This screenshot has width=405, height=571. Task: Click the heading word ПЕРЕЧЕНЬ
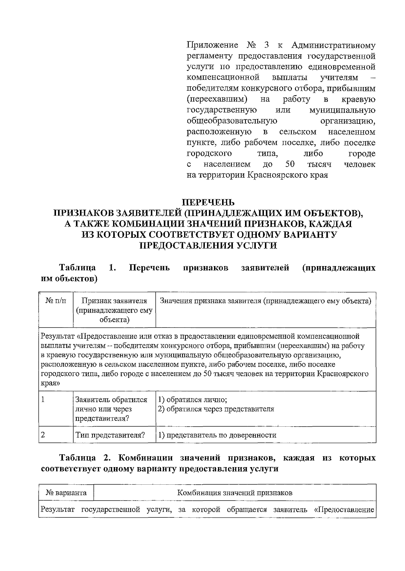208,203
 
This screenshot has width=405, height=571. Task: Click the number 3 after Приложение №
267,45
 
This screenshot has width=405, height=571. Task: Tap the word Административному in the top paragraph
333,45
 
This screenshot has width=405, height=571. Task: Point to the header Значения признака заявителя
265,301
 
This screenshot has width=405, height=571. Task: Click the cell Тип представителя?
110,435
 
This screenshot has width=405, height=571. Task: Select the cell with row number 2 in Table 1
43,435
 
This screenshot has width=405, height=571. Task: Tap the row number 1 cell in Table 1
43,400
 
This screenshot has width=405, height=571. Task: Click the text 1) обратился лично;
192,400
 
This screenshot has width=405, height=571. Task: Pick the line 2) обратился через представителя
216,409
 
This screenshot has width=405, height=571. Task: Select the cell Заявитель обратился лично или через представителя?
111,409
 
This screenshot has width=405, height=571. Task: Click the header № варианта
66,493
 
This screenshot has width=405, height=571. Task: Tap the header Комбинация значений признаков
235,493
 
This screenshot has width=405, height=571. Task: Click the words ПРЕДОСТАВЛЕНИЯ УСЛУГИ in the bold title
208,246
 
